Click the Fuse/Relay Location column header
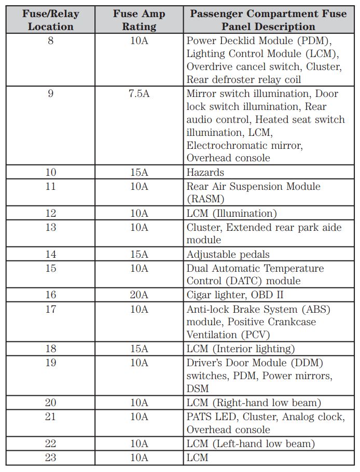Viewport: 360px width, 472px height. [x=50, y=20]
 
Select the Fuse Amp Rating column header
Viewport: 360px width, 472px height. [x=139, y=20]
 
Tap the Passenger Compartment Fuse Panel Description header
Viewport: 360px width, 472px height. [x=268, y=20]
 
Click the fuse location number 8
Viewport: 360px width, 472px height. [x=50, y=40]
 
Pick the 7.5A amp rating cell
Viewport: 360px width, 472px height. [x=139, y=94]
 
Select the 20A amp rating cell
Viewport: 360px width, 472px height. [x=139, y=295]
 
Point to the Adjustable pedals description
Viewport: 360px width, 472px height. [x=228, y=254]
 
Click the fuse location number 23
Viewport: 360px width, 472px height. [x=50, y=457]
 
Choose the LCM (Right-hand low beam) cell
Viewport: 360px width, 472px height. [x=254, y=402]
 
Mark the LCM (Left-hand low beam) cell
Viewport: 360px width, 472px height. [x=251, y=443]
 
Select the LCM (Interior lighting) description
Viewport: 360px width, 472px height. [x=241, y=349]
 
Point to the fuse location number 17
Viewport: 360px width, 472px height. [x=50, y=309]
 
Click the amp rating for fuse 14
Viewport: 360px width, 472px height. [x=139, y=254]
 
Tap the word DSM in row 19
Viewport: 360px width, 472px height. [x=198, y=388]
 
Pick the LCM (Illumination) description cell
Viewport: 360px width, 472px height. [x=232, y=213]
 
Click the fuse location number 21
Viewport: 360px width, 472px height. [x=50, y=417]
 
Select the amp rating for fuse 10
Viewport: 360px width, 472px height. [x=139, y=173]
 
